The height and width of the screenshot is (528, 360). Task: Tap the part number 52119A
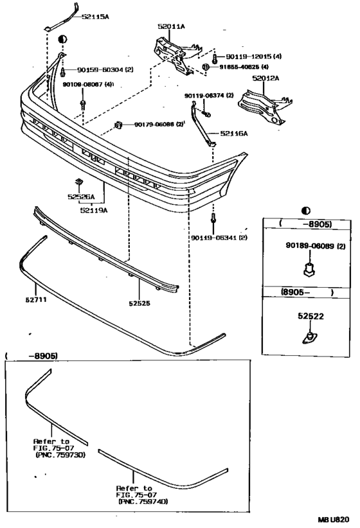click(94, 209)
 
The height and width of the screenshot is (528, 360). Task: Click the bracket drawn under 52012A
click(263, 106)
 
